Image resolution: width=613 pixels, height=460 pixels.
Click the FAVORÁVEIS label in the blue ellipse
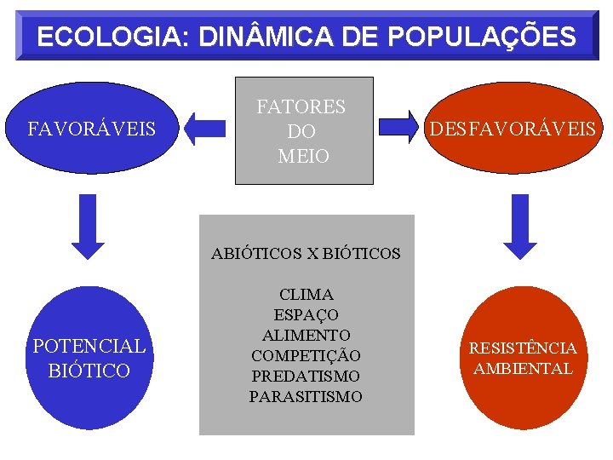(x=92, y=129)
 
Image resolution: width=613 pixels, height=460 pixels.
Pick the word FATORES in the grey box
(x=301, y=107)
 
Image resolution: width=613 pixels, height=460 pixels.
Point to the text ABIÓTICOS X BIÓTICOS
(x=306, y=253)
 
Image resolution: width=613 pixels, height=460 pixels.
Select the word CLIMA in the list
(x=306, y=295)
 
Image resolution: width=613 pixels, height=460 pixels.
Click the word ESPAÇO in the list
(x=306, y=315)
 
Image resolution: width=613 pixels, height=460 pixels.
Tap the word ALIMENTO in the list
(x=306, y=335)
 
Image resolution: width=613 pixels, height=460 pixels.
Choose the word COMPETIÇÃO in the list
(x=306, y=355)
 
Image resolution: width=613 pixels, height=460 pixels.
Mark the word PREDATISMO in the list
(x=306, y=376)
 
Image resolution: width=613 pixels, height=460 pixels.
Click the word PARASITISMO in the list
(x=306, y=396)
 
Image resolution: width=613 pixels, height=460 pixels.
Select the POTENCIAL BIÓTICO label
(x=89, y=358)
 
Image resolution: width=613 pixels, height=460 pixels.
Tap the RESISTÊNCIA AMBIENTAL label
(x=523, y=358)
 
